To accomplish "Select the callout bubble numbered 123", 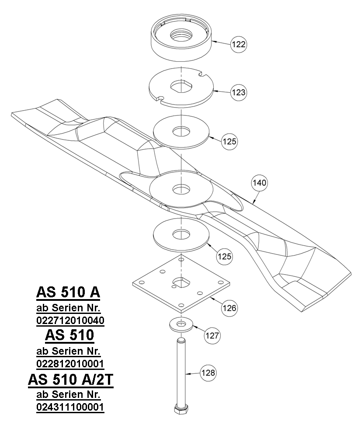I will coord(239,92).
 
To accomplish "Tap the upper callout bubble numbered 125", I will coord(229,142).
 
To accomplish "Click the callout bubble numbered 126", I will coord(229,308).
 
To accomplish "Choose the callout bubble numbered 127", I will coord(212,336).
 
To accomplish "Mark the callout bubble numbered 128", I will coord(208,373).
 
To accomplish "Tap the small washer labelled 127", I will coord(180,324).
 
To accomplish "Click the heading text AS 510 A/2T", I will coord(70,380).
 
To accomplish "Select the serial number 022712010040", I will coord(70,321).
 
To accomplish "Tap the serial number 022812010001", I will coord(70,364).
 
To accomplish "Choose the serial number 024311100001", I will coord(70,408).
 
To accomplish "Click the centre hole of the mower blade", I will coord(180,189).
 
